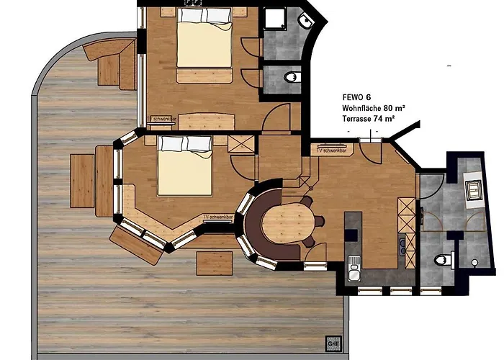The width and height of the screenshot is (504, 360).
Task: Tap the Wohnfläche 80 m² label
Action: pyautogui.click(x=374, y=107)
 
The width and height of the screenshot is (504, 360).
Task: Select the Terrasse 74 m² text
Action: pyautogui.click(x=371, y=118)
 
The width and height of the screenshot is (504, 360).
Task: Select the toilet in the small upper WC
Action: pyautogui.click(x=291, y=76)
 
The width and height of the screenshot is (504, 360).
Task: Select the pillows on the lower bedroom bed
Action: pyautogui.click(x=184, y=144)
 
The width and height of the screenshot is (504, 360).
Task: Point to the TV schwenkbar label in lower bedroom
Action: pyautogui.click(x=218, y=216)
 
